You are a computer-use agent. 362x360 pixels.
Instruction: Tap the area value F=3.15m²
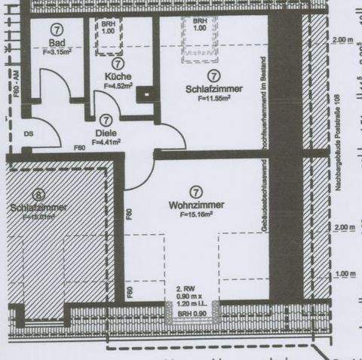click(56, 52)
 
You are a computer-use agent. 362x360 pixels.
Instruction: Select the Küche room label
click(119, 77)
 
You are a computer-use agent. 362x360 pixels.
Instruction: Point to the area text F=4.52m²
click(118, 86)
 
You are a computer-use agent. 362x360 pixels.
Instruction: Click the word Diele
click(106, 133)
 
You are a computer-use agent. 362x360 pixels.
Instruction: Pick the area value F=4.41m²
click(106, 142)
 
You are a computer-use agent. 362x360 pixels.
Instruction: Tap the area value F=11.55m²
click(213, 98)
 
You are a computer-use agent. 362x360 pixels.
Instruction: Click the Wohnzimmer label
click(195, 205)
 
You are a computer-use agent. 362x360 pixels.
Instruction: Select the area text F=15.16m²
click(196, 214)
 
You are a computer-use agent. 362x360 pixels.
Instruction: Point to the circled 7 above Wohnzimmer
click(195, 192)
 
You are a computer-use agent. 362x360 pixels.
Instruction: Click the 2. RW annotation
click(185, 288)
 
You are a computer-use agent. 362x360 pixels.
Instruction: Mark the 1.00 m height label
click(343, 274)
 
